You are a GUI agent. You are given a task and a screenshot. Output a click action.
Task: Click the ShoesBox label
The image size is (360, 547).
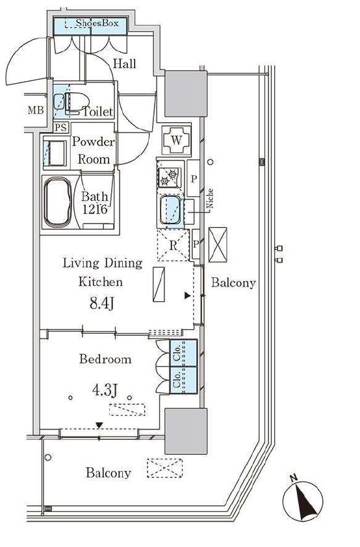tap(97, 23)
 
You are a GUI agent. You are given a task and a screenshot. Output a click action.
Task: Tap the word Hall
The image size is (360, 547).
tap(125, 64)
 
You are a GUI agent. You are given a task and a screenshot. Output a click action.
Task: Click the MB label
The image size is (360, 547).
tap(36, 110)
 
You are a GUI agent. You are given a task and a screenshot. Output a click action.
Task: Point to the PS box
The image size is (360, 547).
tap(61, 127)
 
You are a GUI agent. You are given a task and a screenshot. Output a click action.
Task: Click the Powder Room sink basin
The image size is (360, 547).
tap(56, 153)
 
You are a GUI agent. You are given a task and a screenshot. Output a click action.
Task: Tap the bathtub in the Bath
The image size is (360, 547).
tap(58, 202)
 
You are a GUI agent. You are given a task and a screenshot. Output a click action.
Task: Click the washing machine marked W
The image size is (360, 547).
tap(177, 140)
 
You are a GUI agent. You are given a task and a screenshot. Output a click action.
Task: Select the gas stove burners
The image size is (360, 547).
tap(169, 177)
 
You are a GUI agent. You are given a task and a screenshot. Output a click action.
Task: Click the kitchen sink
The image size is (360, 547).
tap(171, 210)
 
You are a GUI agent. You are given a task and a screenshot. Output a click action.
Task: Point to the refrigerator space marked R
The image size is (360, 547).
tap(174, 245)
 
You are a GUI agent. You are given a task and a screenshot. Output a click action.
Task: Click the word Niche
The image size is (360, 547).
tap(209, 199)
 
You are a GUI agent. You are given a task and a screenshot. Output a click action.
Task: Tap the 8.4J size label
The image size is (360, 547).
tap(101, 303)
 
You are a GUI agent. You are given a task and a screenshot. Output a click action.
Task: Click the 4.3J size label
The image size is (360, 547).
tap(105, 390)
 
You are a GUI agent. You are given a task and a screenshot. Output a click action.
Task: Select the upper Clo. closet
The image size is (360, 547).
tap(183, 353)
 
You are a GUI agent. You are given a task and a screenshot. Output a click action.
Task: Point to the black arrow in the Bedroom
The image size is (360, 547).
tap(100, 425)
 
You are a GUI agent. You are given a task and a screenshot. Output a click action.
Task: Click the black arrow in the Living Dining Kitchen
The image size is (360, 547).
tap(187, 296)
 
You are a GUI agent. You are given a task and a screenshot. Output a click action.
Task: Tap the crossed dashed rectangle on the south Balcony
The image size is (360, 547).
tap(164, 468)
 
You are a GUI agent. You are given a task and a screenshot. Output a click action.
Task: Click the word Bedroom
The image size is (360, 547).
tap(105, 359)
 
